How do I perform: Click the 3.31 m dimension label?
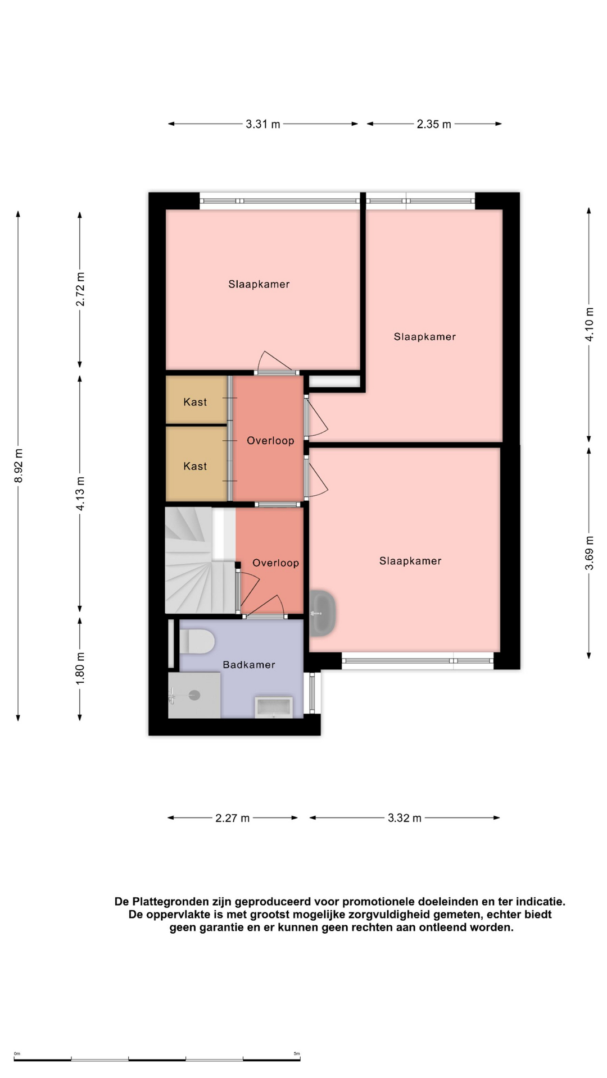(262, 124)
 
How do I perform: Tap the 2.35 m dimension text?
(434, 124)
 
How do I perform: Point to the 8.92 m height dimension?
(19, 465)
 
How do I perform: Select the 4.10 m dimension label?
(589, 325)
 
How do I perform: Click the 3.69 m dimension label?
(589, 553)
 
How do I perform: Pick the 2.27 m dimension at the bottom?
(232, 818)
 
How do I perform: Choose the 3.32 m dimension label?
(405, 818)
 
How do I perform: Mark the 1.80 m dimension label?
(80, 668)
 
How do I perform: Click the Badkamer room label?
(249, 665)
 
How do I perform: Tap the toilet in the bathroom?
(197, 641)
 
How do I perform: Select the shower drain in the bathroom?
(194, 696)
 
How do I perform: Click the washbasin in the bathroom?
(274, 707)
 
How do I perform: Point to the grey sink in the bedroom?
(323, 613)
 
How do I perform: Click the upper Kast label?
(195, 402)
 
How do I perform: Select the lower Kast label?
(195, 466)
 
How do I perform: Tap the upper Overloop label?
(270, 441)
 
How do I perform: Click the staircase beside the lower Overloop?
(200, 560)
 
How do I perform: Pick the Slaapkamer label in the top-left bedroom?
(259, 284)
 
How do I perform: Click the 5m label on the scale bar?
(297, 1054)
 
